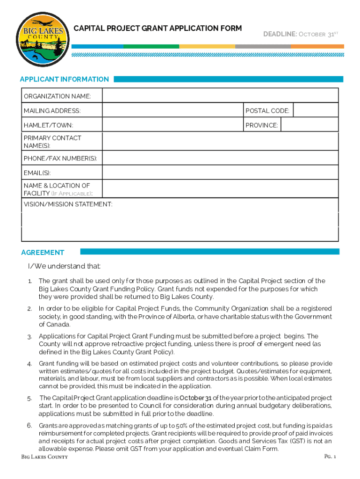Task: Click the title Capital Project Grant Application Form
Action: [158, 29]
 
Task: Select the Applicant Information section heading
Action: [65, 79]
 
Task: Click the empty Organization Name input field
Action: [220, 96]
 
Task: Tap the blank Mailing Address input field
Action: [173, 110]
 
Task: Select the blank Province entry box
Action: [309, 125]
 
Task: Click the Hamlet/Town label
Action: [49, 125]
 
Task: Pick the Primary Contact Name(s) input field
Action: [220, 141]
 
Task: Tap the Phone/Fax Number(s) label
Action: [60, 158]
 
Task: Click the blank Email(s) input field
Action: [220, 173]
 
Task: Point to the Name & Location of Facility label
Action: [58, 189]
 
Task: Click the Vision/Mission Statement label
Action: [68, 204]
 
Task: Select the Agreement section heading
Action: [43, 252]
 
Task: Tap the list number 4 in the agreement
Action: [29, 364]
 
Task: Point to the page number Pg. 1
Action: [330, 456]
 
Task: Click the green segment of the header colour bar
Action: [151, 46]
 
